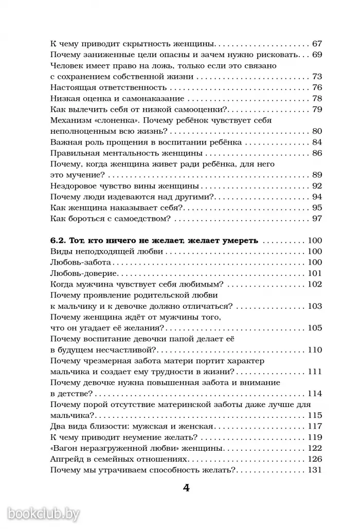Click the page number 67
coord(317,44)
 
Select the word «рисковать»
coord(274,55)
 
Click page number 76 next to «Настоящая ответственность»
coord(317,87)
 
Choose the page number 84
coord(317,142)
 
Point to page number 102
coord(314,284)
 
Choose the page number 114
coord(314,393)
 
